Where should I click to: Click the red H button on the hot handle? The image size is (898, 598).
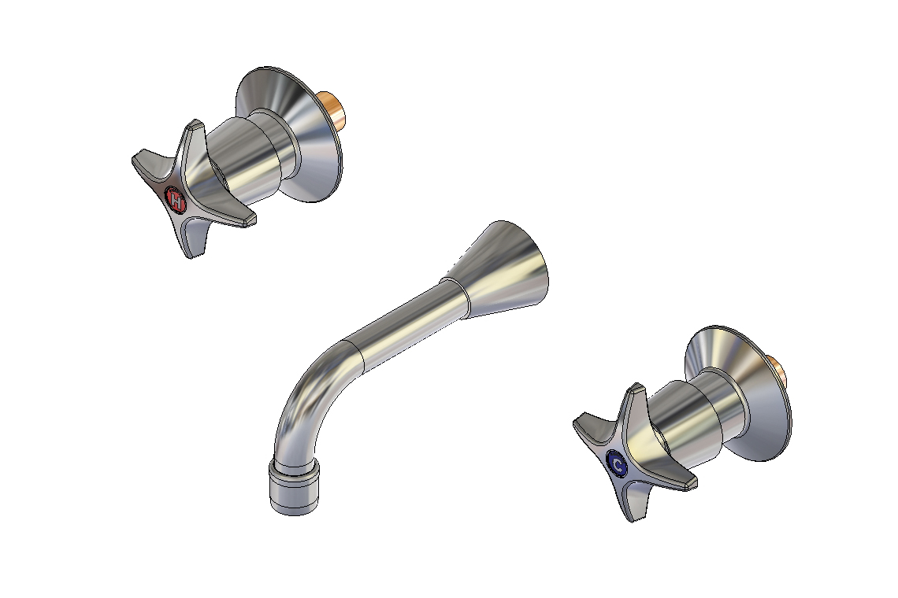[177, 200]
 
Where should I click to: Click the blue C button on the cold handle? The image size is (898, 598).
[618, 465]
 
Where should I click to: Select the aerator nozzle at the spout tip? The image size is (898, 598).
[295, 487]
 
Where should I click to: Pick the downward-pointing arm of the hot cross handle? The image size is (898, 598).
[190, 240]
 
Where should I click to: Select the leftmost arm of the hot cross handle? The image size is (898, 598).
[147, 163]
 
